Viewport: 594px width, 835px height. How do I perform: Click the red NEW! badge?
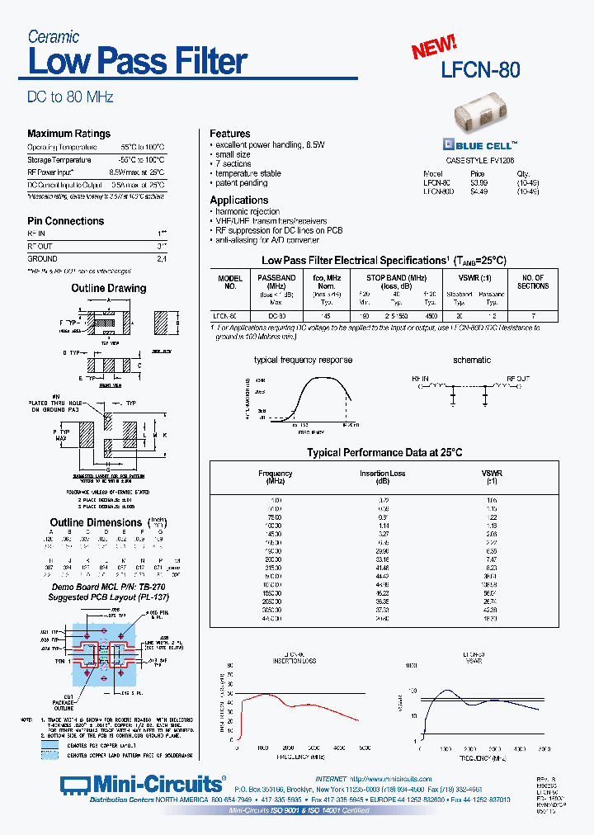coord(434,47)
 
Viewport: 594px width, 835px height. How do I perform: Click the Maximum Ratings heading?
coord(68,134)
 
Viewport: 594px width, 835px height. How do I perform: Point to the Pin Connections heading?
coord(65,221)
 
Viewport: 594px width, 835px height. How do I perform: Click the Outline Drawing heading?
coord(108,288)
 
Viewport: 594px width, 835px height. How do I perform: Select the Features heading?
coord(229,134)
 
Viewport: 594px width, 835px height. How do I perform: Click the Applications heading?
coord(238,200)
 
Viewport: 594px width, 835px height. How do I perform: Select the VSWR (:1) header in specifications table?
coord(473,278)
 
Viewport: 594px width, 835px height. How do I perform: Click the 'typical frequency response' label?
coord(303,360)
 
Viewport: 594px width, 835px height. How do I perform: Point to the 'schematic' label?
coord(471,360)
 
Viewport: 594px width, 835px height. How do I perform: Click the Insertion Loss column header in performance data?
coord(382,477)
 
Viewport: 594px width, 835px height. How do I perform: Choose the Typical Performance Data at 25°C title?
coord(384,452)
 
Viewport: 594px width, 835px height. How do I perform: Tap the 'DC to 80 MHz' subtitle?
coord(70,97)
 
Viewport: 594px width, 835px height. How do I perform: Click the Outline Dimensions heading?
coord(96,522)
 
